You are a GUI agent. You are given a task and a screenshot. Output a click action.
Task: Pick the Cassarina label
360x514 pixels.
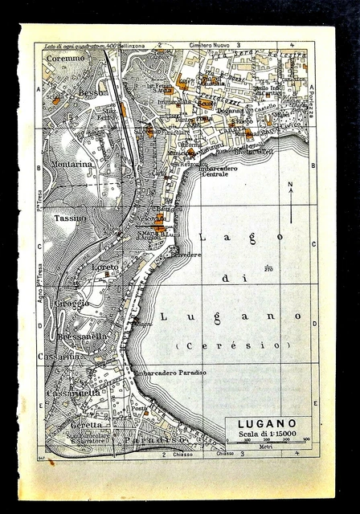click(58, 356)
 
